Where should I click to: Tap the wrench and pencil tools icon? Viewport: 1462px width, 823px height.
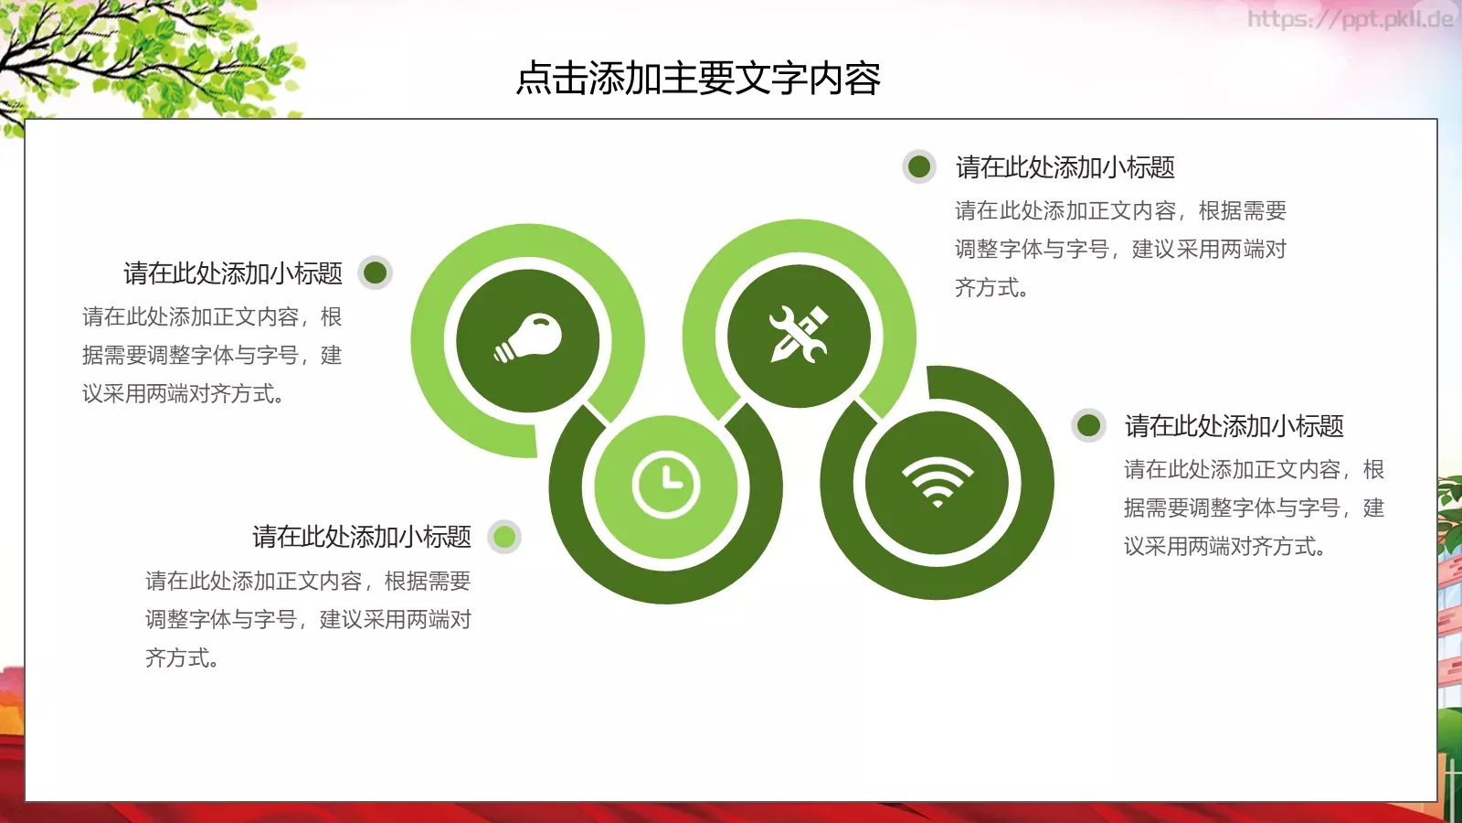coord(799,336)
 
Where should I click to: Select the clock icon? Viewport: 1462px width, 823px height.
coord(666,485)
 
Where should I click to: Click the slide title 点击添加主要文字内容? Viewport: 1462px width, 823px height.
coord(698,79)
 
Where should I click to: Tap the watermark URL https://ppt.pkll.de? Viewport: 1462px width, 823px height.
coord(1350,19)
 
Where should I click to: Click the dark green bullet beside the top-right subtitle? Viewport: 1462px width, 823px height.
coord(919,166)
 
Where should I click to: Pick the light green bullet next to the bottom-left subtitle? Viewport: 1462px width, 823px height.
coord(504,537)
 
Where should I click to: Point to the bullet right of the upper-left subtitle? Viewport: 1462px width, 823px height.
coord(375,273)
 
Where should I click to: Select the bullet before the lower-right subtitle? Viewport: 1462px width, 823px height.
coord(1088,425)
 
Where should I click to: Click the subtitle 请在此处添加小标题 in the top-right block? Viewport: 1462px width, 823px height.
coord(1065,167)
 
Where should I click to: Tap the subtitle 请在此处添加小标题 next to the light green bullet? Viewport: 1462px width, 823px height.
coord(362,537)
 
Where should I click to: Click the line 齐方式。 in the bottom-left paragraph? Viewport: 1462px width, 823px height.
coord(182,658)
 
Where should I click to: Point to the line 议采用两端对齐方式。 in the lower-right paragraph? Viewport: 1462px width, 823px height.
coord(1224,547)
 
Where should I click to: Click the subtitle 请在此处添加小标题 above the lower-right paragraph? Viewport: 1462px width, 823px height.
coord(1234,426)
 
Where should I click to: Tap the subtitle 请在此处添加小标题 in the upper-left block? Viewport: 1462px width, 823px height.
coord(233,273)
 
